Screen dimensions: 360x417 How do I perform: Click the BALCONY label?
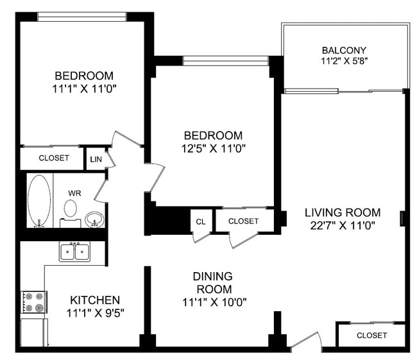[x=344, y=50]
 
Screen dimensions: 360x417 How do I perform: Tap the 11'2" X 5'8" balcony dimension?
[x=344, y=62]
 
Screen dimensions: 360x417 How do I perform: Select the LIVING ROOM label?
[x=343, y=212]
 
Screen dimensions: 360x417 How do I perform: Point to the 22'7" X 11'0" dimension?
[x=343, y=225]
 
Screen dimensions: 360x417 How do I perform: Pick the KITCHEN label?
[x=95, y=300]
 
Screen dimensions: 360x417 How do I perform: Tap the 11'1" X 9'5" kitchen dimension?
[x=95, y=313]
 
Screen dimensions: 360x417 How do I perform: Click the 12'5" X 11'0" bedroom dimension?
[x=213, y=148]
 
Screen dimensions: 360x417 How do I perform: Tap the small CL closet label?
[x=200, y=221]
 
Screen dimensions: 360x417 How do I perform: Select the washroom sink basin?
[x=94, y=219]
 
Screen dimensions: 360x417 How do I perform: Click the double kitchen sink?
[x=75, y=252]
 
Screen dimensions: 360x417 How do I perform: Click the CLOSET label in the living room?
[x=371, y=335]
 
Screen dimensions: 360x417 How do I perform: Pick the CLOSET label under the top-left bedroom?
[x=53, y=158]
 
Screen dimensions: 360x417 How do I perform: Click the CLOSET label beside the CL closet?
[x=243, y=221]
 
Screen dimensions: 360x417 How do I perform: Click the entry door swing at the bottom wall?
[x=307, y=341]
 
